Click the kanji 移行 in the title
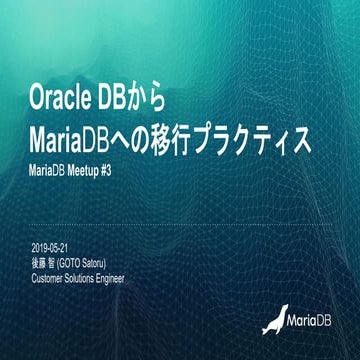click(x=201, y=135)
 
